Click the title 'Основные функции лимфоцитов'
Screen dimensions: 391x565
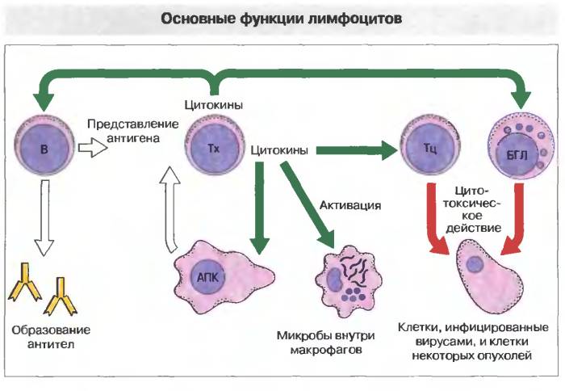coord(282,17)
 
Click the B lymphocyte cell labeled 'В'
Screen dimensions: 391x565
coord(44,149)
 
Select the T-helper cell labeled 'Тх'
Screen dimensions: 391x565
coord(213,149)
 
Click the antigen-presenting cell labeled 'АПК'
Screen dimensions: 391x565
coord(214,274)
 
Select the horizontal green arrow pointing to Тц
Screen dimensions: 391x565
coord(355,149)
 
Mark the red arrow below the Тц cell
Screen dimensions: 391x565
coord(436,218)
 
